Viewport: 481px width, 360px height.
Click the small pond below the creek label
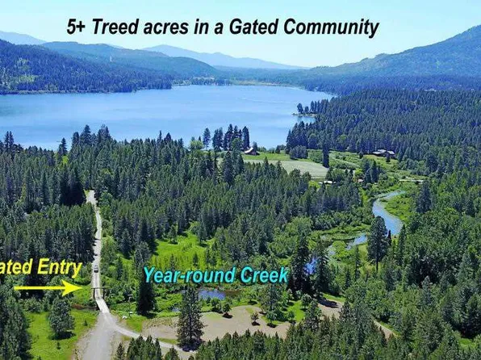click(x=211, y=295)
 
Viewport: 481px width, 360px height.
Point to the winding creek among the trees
click(x=385, y=211)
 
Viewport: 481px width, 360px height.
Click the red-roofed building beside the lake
click(x=252, y=150)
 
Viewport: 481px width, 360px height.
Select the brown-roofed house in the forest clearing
click(x=383, y=152)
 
